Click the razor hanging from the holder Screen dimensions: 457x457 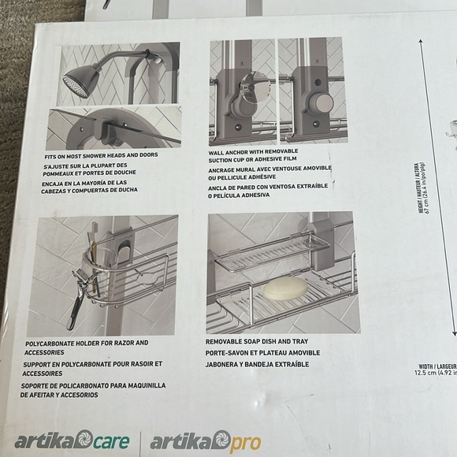(x=75, y=299)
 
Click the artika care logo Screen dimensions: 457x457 (x=72, y=440)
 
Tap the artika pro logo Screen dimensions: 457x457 (x=206, y=440)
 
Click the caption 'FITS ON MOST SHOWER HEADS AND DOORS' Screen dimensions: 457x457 (x=102, y=155)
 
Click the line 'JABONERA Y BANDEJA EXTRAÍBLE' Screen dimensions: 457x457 (x=258, y=365)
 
